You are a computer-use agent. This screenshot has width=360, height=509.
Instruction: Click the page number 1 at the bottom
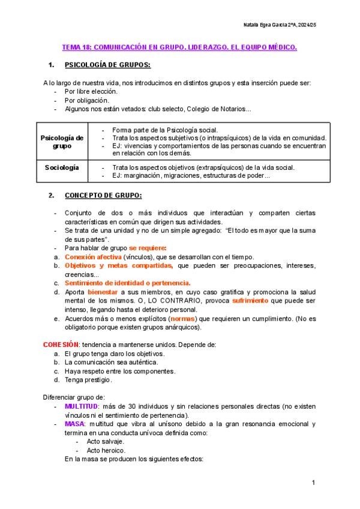[x=314, y=483]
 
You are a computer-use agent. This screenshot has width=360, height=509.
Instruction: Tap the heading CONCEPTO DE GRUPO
[x=103, y=196]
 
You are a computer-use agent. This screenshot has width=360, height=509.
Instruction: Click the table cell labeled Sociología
[x=62, y=167]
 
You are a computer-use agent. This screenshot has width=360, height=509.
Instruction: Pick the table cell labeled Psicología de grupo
[x=62, y=142]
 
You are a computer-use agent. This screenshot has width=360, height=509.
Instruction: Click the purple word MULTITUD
[x=81, y=406]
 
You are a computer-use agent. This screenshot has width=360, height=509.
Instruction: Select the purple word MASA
[x=75, y=424]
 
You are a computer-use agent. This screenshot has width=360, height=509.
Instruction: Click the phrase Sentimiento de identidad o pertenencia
[x=127, y=282]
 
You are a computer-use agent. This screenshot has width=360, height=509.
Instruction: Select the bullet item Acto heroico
[x=106, y=450]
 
